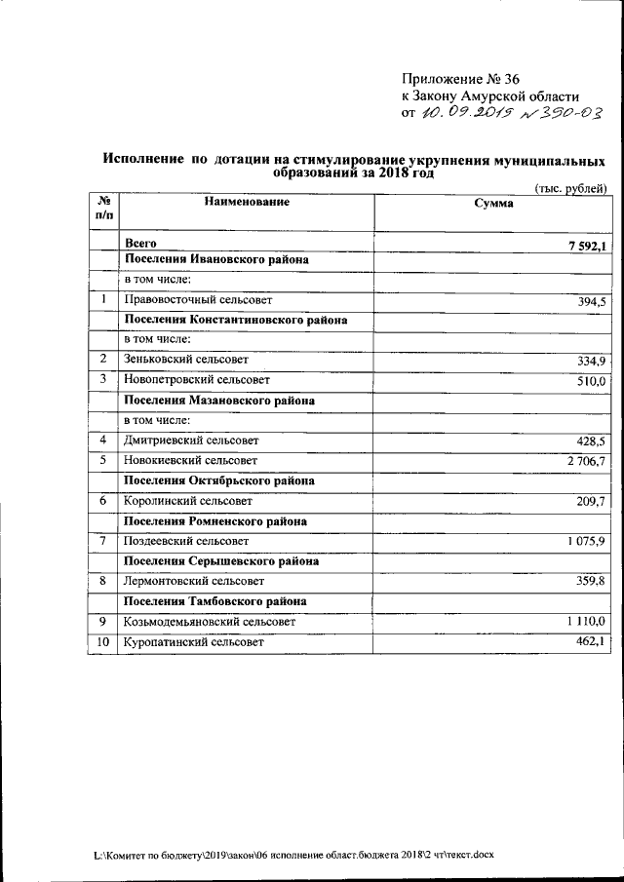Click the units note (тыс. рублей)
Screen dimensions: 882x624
pyautogui.click(x=572, y=188)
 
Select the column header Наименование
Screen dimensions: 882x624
pyautogui.click(x=247, y=202)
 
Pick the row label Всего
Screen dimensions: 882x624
pyautogui.click(x=140, y=242)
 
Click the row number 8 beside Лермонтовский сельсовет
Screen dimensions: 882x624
pyautogui.click(x=102, y=581)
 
